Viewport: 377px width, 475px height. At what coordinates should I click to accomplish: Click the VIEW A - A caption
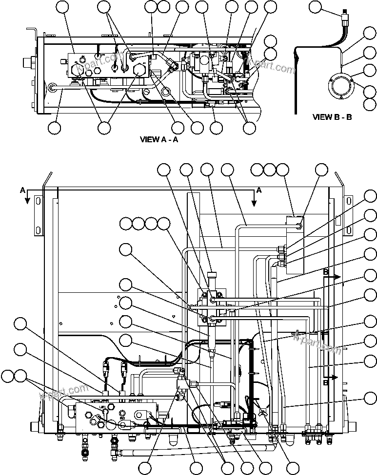tap(159, 139)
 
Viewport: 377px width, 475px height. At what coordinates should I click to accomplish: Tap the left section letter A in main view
tap(22, 190)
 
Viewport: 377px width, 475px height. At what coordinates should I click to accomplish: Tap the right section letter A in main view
tap(259, 190)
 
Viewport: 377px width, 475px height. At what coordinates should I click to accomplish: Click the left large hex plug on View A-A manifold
tap(79, 71)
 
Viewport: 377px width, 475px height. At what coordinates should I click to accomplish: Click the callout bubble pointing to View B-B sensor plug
tap(316, 7)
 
